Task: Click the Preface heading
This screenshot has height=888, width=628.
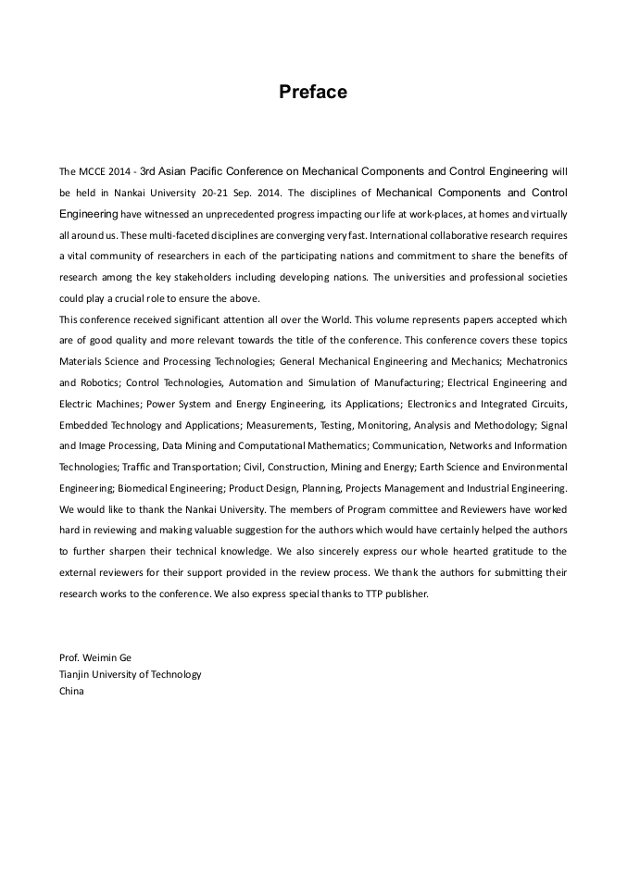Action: tap(313, 92)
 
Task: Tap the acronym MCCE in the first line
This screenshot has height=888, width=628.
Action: tap(91, 171)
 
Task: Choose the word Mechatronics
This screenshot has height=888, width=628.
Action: tap(539, 361)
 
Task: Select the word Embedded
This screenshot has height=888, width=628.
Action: tap(82, 425)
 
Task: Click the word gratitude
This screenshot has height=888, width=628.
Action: tap(494, 552)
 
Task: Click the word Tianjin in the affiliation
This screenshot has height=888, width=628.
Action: tap(76, 674)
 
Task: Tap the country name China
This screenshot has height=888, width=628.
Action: tap(71, 691)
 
